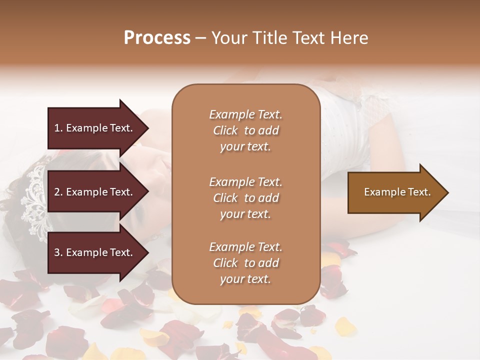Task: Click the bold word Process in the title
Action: (157, 37)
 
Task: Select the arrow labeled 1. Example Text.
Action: (95, 128)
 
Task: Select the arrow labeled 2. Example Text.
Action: (95, 192)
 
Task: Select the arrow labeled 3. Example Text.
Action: (95, 253)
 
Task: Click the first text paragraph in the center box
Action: (245, 130)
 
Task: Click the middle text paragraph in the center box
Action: (245, 198)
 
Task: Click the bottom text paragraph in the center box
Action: (245, 263)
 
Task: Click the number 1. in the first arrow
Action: (58, 128)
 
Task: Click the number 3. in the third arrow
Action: (58, 253)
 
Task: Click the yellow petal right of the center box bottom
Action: (345, 327)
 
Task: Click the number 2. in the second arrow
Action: (58, 192)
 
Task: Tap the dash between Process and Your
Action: (200, 38)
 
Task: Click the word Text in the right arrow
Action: (419, 192)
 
